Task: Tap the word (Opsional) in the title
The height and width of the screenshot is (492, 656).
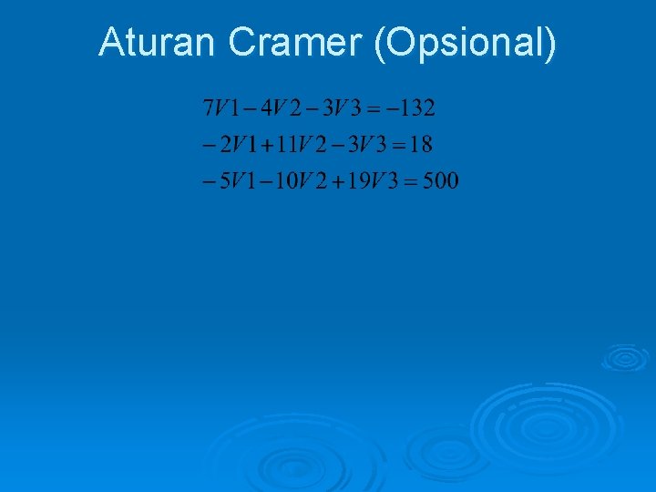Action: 464,43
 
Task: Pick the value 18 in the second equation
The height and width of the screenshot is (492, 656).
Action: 419,145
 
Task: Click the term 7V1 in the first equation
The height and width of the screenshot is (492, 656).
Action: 220,110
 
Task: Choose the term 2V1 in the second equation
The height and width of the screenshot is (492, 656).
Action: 231,145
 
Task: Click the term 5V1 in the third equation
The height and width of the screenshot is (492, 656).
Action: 231,180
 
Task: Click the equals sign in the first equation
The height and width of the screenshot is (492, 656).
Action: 374,110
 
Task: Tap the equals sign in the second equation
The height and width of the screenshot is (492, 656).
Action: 391,145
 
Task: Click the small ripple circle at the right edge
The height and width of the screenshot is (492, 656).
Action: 624,357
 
